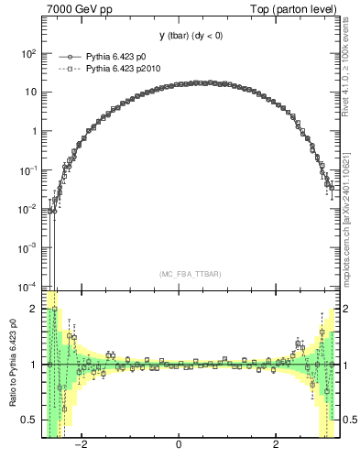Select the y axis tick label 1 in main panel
coord(34,131)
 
